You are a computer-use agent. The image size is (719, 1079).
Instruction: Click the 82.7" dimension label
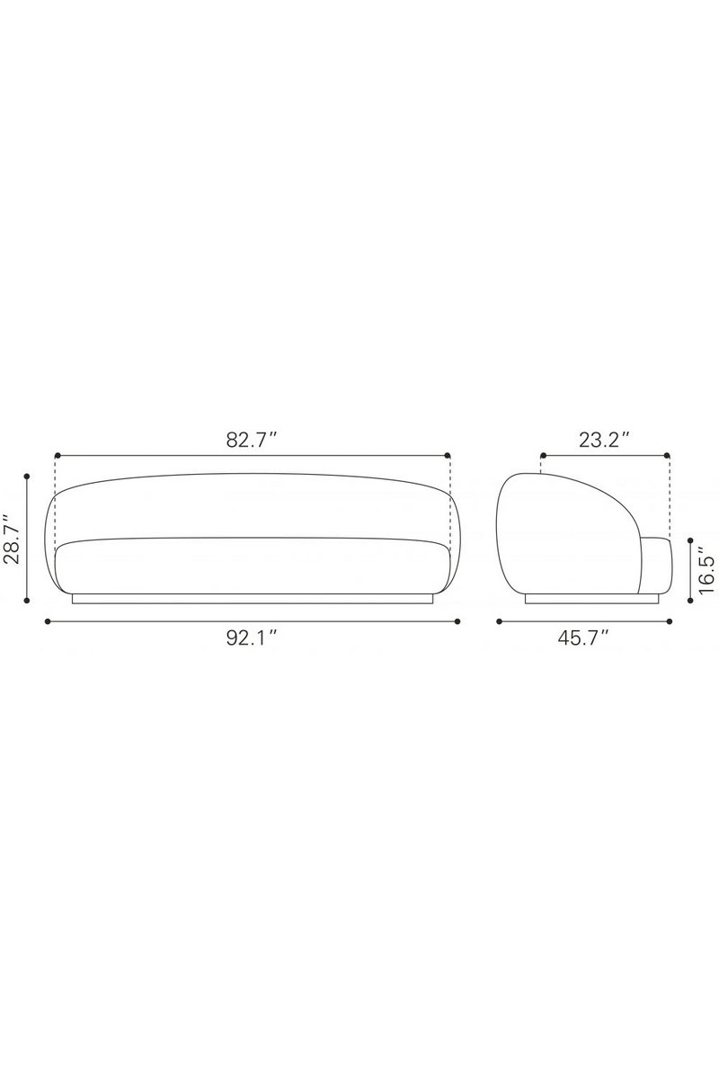[253, 441]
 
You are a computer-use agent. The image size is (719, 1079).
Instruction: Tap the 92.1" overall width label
[253, 638]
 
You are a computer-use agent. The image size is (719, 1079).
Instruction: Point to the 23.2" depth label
[604, 441]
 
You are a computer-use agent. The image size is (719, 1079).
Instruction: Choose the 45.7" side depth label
[584, 638]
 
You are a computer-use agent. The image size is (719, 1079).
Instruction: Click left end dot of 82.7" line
[57, 456]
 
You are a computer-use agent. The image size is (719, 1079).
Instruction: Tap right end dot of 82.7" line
[448, 456]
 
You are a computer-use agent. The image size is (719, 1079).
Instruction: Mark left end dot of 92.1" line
[47, 620]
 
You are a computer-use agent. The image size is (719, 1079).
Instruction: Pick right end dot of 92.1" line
[457, 620]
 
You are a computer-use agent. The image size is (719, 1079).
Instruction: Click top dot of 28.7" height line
[28, 476]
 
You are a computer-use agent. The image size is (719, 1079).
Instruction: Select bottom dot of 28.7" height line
[28, 601]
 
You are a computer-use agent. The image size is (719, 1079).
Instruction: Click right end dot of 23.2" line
[669, 456]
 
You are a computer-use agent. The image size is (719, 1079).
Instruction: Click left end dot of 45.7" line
[499, 620]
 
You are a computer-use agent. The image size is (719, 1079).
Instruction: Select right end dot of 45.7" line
[670, 620]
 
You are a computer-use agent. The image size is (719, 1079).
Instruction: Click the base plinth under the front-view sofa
[253, 598]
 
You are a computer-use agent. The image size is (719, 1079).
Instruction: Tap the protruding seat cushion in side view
[654, 566]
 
